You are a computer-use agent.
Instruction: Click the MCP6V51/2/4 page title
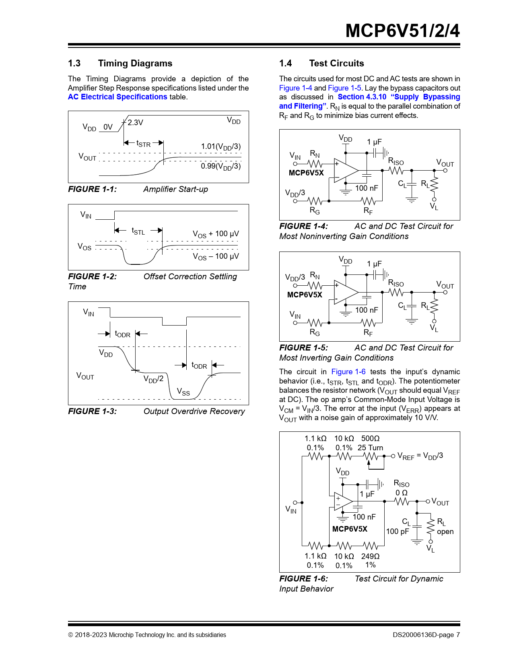[402, 31]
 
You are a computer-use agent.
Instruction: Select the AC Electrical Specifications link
[117, 97]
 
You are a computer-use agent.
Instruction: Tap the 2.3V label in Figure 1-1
[136, 122]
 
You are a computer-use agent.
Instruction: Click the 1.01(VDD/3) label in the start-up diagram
[221, 146]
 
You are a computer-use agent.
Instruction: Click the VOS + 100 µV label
[216, 234]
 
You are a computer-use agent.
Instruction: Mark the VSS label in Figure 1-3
[183, 392]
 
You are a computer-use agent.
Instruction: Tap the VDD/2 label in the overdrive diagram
[153, 379]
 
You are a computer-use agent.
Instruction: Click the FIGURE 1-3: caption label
[93, 411]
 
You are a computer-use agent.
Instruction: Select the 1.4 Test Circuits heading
[321, 63]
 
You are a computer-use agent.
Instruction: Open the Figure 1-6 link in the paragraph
[348, 372]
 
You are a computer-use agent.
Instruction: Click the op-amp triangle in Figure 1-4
[345, 170]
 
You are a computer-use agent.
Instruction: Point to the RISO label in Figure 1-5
[396, 283]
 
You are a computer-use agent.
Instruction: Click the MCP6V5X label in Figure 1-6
[350, 529]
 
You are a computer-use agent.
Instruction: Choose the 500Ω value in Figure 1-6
[370, 438]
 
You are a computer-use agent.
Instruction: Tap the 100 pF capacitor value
[398, 532]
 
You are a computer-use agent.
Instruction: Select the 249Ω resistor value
[370, 556]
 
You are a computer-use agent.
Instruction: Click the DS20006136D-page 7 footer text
[426, 635]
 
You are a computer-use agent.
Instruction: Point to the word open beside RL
[445, 532]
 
